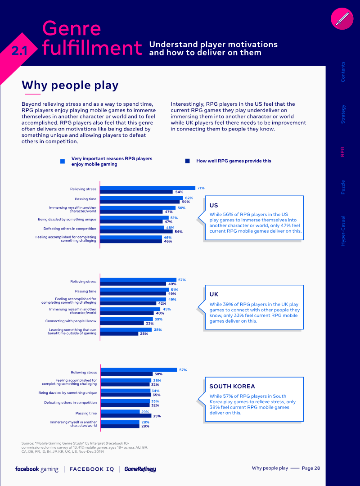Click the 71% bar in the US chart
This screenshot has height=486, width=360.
[x=147, y=188]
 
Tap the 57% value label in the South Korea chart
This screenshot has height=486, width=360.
[x=183, y=370]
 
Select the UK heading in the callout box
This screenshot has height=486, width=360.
[x=214, y=294]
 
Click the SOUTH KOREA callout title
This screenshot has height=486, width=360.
[x=232, y=386]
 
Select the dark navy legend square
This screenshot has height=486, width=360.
[x=188, y=161]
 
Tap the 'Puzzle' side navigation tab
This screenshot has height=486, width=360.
[x=343, y=187]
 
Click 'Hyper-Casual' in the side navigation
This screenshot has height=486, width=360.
[x=343, y=230]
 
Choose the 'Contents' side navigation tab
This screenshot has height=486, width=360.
[x=343, y=72]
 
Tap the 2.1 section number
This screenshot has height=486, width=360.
[x=19, y=51]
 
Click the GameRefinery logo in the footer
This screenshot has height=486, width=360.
[x=140, y=469]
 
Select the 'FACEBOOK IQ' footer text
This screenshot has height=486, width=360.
[x=92, y=469]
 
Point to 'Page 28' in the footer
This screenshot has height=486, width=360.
[x=311, y=468]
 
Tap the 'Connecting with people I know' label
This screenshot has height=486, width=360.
[x=71, y=321]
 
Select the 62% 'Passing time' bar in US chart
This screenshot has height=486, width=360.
[x=141, y=198]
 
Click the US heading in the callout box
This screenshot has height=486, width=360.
[x=214, y=206]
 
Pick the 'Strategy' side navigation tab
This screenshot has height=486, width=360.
[x=343, y=114]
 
